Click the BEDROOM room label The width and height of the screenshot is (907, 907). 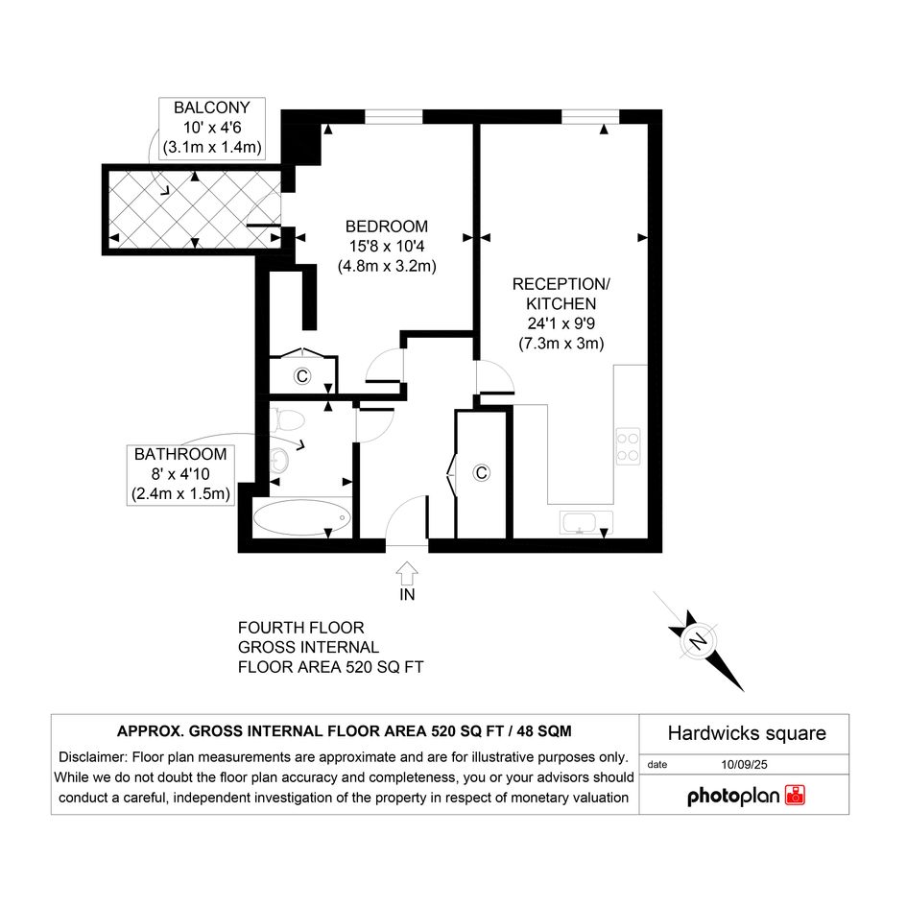(387, 227)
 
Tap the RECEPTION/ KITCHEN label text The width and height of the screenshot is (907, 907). (561, 294)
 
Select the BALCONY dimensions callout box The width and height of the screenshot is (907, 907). (212, 128)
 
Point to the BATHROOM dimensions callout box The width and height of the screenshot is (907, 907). (180, 474)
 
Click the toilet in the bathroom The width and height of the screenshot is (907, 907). (288, 420)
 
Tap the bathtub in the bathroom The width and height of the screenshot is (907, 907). (302, 517)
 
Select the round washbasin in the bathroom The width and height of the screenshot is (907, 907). (280, 460)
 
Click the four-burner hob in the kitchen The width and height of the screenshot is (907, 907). (629, 446)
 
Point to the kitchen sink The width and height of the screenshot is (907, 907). (586, 522)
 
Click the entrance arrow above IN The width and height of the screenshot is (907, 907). (407, 573)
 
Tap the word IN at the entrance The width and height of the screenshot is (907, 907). (407, 595)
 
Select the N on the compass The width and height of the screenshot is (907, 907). (699, 641)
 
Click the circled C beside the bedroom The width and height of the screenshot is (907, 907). (302, 376)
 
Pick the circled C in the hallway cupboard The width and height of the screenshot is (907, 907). (481, 473)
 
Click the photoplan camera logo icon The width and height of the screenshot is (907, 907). (795, 796)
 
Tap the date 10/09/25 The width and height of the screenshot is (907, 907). (744, 764)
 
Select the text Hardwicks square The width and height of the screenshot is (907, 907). (747, 733)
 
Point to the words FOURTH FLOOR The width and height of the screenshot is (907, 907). (300, 628)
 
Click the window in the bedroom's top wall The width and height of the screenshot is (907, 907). (394, 117)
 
